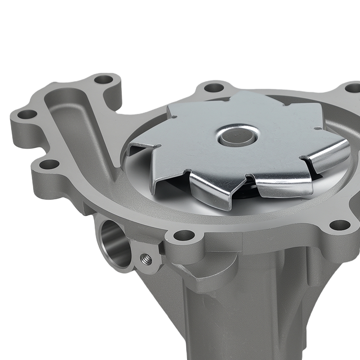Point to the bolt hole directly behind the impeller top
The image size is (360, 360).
click(215, 87)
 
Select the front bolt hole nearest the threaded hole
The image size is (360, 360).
click(184, 235)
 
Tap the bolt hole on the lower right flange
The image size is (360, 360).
click(339, 225)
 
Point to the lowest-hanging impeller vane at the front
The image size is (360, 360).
click(212, 191)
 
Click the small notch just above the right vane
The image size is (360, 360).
click(316, 128)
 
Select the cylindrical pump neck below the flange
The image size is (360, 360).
click(234, 317)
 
